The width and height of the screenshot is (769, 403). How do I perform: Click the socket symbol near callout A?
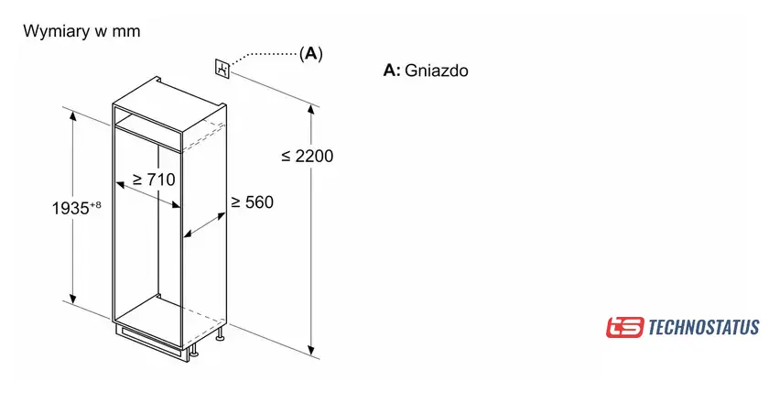click(222, 68)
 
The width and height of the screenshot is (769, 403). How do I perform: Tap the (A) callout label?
click(311, 54)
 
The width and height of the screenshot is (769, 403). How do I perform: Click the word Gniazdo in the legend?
click(436, 71)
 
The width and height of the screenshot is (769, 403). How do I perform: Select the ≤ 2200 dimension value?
click(308, 156)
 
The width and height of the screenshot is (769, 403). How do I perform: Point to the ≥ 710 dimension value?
click(154, 179)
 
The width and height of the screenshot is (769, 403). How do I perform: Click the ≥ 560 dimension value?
click(252, 201)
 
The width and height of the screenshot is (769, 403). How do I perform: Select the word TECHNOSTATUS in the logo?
click(703, 327)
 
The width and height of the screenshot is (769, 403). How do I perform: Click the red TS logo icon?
click(624, 327)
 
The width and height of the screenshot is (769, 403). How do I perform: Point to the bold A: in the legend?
click(392, 71)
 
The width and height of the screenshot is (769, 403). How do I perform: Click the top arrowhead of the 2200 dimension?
click(312, 109)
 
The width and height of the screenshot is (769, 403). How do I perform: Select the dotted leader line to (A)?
click(265, 55)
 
